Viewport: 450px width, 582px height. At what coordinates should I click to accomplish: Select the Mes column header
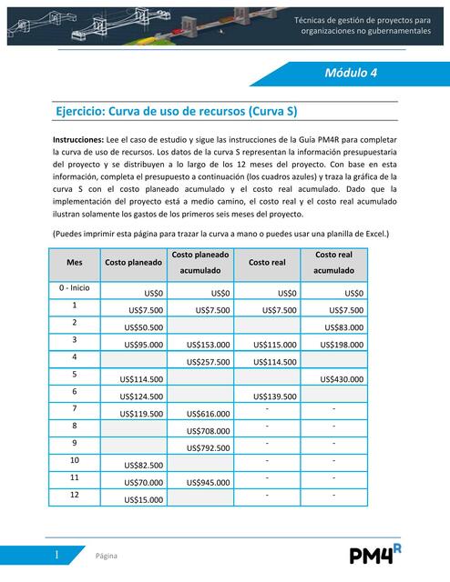point(75,262)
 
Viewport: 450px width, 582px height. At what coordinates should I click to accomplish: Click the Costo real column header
point(266,262)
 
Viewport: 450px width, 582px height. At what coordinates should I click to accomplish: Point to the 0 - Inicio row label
point(75,288)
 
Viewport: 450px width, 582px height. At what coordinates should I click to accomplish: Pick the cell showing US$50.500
point(144,327)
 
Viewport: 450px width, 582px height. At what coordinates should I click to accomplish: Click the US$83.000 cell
point(343,327)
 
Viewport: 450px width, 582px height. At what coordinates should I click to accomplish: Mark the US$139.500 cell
point(275,396)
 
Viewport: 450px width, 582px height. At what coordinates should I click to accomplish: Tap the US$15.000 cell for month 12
point(144,500)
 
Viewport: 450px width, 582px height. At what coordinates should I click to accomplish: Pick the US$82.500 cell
point(144,466)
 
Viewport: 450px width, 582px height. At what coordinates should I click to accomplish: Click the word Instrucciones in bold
point(77,139)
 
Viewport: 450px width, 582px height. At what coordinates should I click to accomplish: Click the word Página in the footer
point(107,556)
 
